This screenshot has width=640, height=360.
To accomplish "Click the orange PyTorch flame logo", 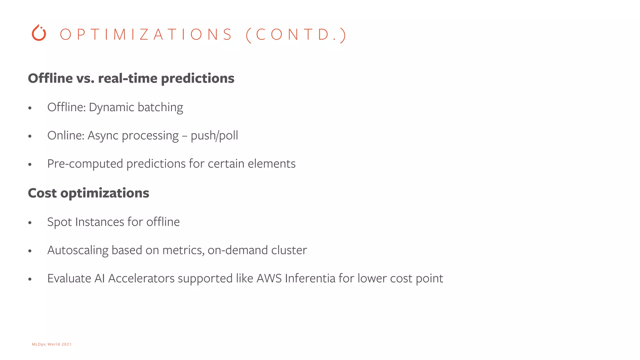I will tap(39, 33).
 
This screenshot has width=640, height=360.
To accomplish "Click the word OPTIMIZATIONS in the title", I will tap(146, 34).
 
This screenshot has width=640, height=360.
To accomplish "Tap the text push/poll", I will tap(214, 136).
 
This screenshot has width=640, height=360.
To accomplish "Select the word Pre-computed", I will tap(85, 164).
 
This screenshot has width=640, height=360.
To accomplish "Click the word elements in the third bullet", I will tap(272, 164).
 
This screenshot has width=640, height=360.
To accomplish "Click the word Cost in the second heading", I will tap(42, 193).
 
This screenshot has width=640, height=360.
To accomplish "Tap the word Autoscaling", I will tap(78, 250).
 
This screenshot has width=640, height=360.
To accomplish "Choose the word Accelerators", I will tap(141, 278).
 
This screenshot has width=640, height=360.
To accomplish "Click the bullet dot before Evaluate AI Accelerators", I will tap(30, 279).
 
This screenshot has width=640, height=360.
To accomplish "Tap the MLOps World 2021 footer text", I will tap(52, 344).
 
